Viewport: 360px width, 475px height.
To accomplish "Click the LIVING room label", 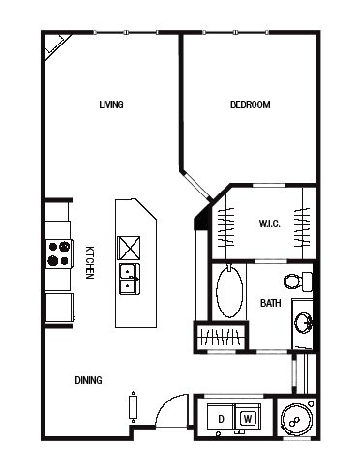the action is [x=111, y=104].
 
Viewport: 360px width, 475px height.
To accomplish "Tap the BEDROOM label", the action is [x=251, y=104].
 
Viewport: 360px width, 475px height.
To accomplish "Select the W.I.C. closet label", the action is [x=270, y=223].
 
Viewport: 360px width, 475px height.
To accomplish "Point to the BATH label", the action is [x=271, y=303].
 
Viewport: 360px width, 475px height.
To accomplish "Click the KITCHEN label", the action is [x=90, y=262].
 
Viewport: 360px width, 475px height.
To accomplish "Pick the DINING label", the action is [x=88, y=380].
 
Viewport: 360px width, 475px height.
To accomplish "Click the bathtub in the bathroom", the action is [x=229, y=292].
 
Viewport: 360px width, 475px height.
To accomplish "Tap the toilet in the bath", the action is [x=298, y=282].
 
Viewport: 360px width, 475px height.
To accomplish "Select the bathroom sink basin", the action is [x=304, y=322].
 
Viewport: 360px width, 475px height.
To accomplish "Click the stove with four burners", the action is [x=59, y=253].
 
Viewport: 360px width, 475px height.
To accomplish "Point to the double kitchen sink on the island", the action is [x=130, y=279].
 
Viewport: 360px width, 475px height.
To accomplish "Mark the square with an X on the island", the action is [x=129, y=248].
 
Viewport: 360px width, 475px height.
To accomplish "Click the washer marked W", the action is [x=248, y=417].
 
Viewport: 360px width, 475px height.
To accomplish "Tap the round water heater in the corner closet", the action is [x=296, y=420].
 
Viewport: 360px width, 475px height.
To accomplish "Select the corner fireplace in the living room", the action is [x=56, y=45].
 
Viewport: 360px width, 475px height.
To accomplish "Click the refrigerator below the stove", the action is [x=59, y=308].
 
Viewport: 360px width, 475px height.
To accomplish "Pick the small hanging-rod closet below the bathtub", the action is [x=221, y=337].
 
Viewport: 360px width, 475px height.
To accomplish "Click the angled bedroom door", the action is [x=196, y=186].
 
